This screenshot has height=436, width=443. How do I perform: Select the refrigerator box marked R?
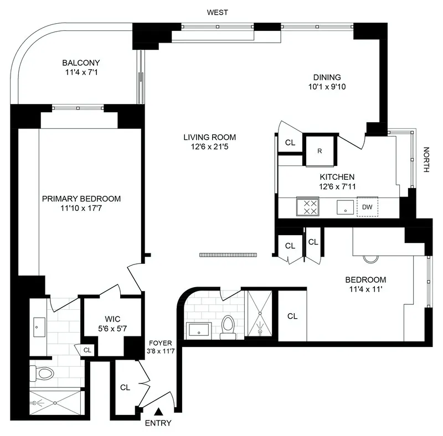pyautogui.click(x=320, y=150)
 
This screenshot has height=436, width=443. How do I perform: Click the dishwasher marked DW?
pyautogui.click(x=367, y=207)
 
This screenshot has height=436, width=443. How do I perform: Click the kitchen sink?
pyautogui.click(x=346, y=207)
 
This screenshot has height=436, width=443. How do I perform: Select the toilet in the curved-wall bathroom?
pyautogui.click(x=228, y=326)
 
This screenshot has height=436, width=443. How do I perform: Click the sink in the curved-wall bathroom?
pyautogui.click(x=198, y=330)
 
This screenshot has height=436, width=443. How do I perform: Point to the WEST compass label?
pyautogui.click(x=217, y=12)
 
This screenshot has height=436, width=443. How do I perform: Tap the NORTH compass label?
pyautogui.click(x=426, y=160)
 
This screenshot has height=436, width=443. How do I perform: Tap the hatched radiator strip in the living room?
pyautogui.click(x=228, y=255)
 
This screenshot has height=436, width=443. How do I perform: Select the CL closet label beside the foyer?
pyautogui.click(x=125, y=387)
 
